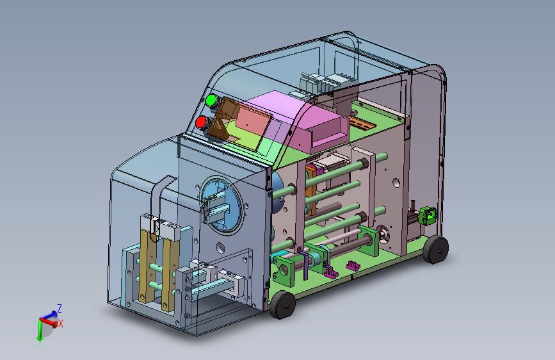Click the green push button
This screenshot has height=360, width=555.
[211, 101]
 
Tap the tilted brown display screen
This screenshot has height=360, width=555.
[239, 123]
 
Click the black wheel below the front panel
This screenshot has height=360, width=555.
[282, 304]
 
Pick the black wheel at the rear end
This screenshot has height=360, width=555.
[435, 249]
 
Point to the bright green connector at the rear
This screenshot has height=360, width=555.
[428, 216]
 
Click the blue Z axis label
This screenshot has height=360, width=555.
[60, 308]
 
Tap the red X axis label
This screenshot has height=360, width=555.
[61, 323]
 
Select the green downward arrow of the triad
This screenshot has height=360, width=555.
[40, 332]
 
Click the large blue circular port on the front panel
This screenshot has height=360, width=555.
[222, 206]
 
